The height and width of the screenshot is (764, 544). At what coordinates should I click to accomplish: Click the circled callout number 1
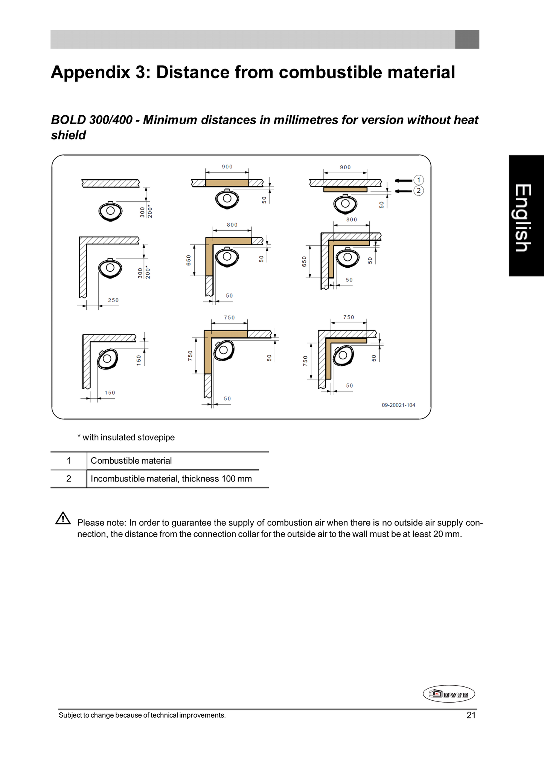pyautogui.click(x=419, y=180)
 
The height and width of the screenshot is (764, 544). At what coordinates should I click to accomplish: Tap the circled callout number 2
pyautogui.click(x=419, y=191)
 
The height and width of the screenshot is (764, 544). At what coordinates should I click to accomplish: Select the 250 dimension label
pyautogui.click(x=113, y=300)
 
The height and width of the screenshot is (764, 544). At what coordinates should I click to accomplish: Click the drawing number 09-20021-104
pyautogui.click(x=398, y=405)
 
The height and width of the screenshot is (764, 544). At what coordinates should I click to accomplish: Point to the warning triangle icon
pyautogui.click(x=63, y=518)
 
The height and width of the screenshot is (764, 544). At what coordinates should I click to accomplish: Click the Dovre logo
pyautogui.click(x=449, y=694)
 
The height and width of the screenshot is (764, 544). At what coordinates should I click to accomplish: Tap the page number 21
pyautogui.click(x=471, y=715)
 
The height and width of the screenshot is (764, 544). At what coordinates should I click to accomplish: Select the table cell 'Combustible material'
pyautogui.click(x=131, y=461)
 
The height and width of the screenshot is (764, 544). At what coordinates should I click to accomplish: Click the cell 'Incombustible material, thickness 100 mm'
pyautogui.click(x=171, y=479)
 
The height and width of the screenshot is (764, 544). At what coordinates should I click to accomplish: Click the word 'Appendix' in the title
pyautogui.click(x=90, y=72)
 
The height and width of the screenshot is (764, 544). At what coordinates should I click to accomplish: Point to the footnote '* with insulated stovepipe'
pyautogui.click(x=126, y=437)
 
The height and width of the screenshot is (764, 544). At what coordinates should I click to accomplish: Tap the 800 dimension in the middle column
pyautogui.click(x=232, y=225)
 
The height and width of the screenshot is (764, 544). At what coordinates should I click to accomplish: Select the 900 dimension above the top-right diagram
pyautogui.click(x=345, y=167)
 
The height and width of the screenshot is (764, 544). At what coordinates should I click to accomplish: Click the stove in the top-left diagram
pyautogui.click(x=110, y=211)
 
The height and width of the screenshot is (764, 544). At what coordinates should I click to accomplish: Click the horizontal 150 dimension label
pyautogui.click(x=110, y=393)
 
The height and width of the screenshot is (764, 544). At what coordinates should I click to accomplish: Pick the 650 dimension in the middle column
pyautogui.click(x=189, y=260)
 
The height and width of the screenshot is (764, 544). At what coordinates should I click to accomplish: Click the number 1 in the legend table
pyautogui.click(x=69, y=461)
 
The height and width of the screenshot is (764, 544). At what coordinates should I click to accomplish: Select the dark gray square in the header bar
pyautogui.click(x=467, y=39)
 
